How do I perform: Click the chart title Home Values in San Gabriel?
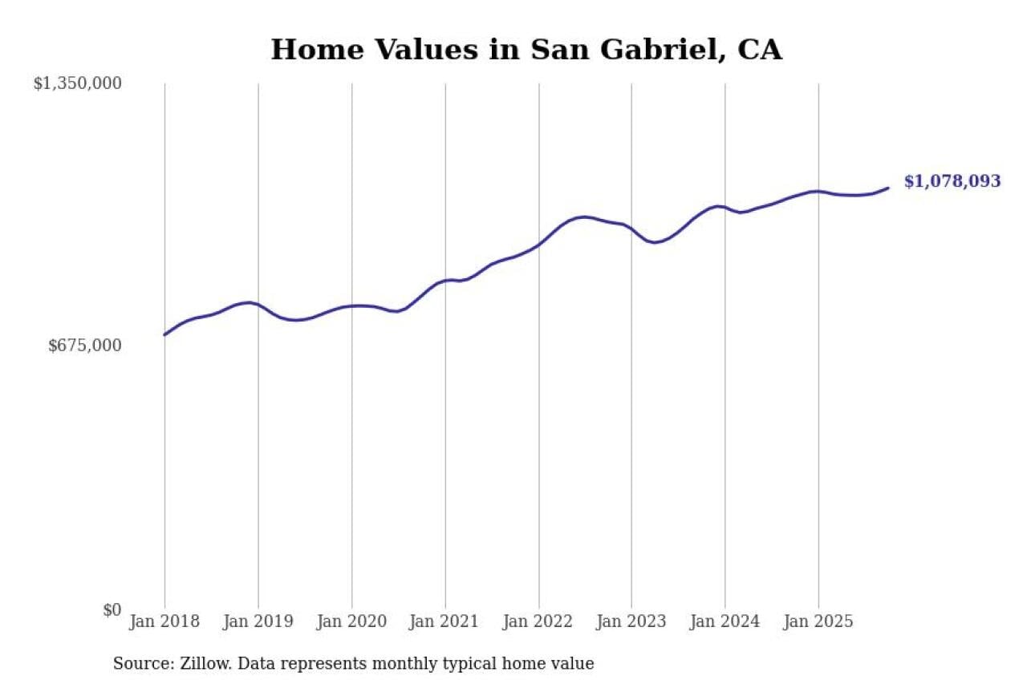(x=526, y=50)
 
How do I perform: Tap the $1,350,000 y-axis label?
(x=77, y=83)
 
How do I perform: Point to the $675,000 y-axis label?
(x=85, y=346)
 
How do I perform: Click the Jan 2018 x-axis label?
(x=164, y=621)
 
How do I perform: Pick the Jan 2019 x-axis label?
(x=258, y=621)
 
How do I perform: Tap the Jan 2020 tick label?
(x=351, y=621)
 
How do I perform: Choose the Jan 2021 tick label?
(x=444, y=621)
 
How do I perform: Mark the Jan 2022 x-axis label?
(x=538, y=621)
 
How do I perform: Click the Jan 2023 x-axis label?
(x=631, y=621)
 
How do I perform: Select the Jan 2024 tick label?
(x=725, y=621)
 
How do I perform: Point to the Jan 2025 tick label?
(x=818, y=621)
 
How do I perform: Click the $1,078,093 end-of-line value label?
(x=952, y=181)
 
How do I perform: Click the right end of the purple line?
(x=888, y=188)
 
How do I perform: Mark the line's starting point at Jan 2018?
(x=164, y=334)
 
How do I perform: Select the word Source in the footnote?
(x=139, y=664)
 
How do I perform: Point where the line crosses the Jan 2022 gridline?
(x=538, y=245)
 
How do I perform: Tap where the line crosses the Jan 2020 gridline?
(x=351, y=306)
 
